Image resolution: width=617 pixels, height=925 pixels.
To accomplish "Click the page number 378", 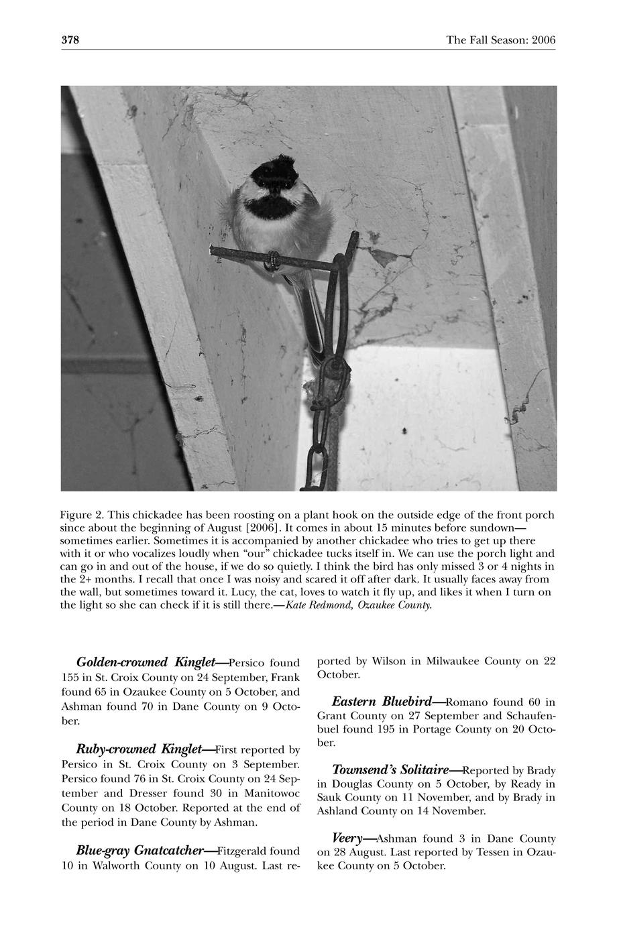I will [70, 40].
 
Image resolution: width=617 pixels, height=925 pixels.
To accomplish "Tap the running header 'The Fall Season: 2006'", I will [500, 40].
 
